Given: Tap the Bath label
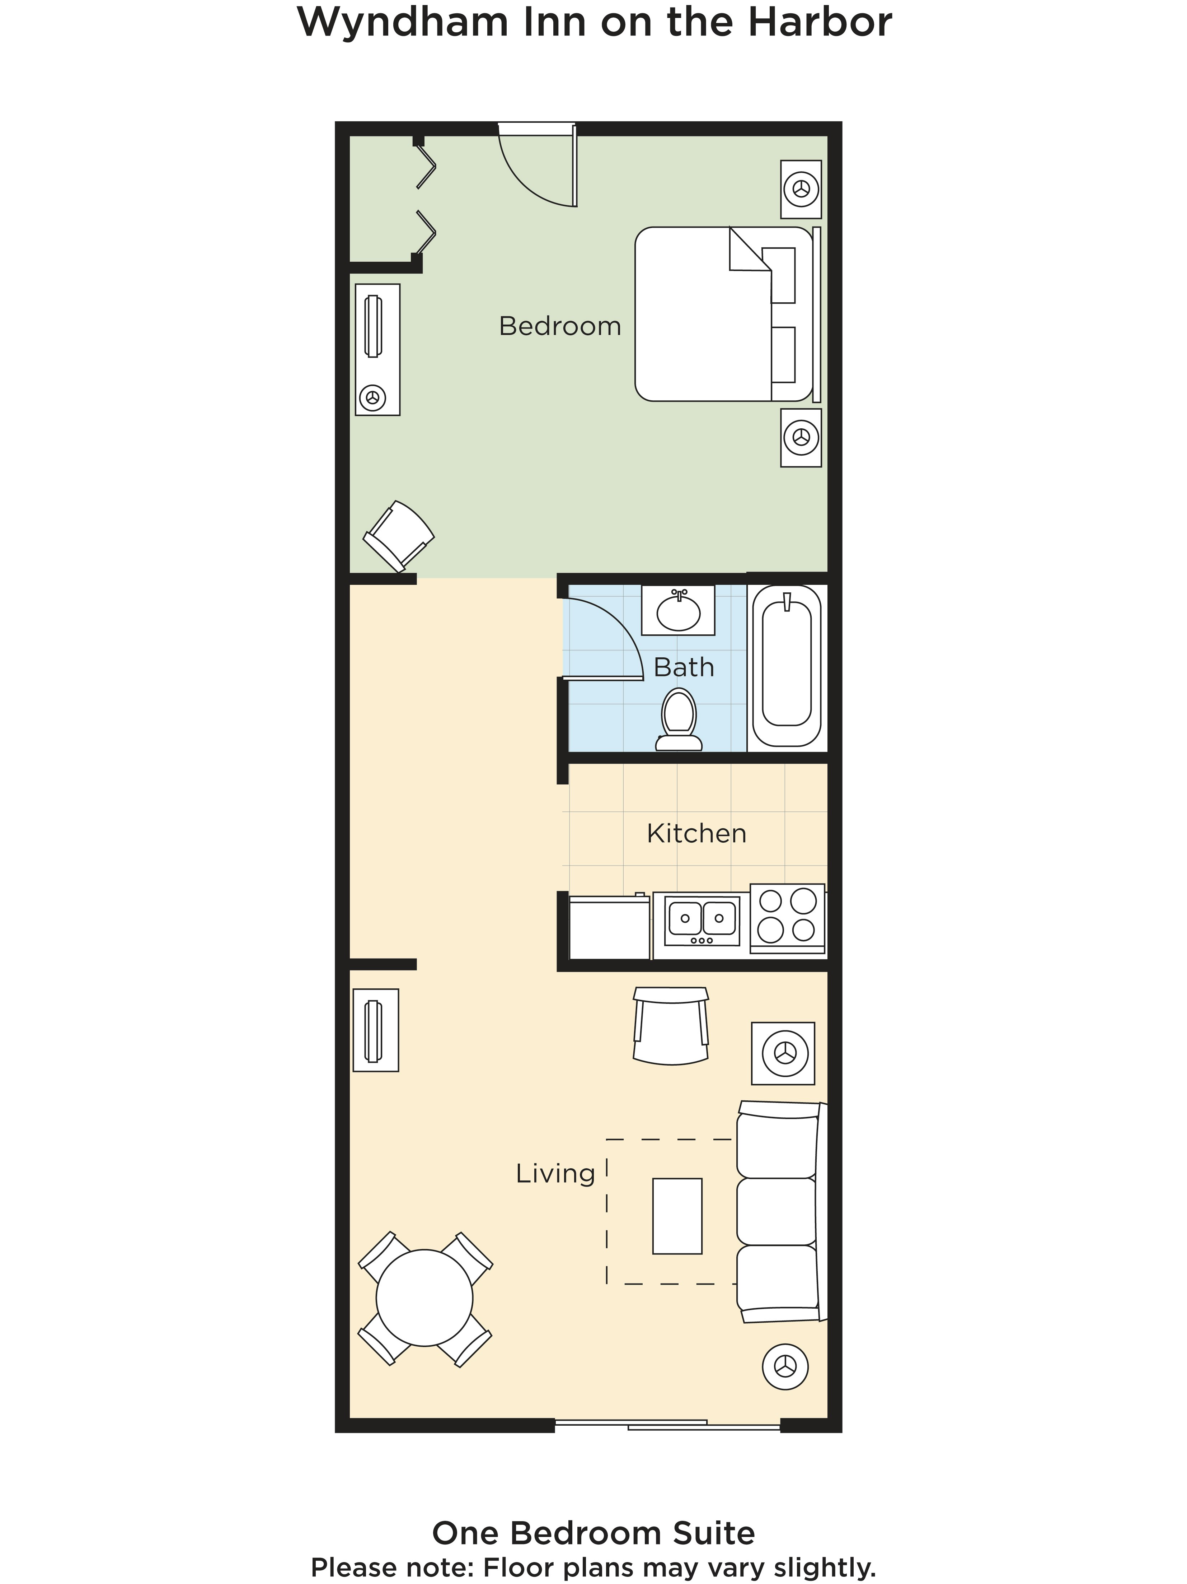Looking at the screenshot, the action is click(x=684, y=667).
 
